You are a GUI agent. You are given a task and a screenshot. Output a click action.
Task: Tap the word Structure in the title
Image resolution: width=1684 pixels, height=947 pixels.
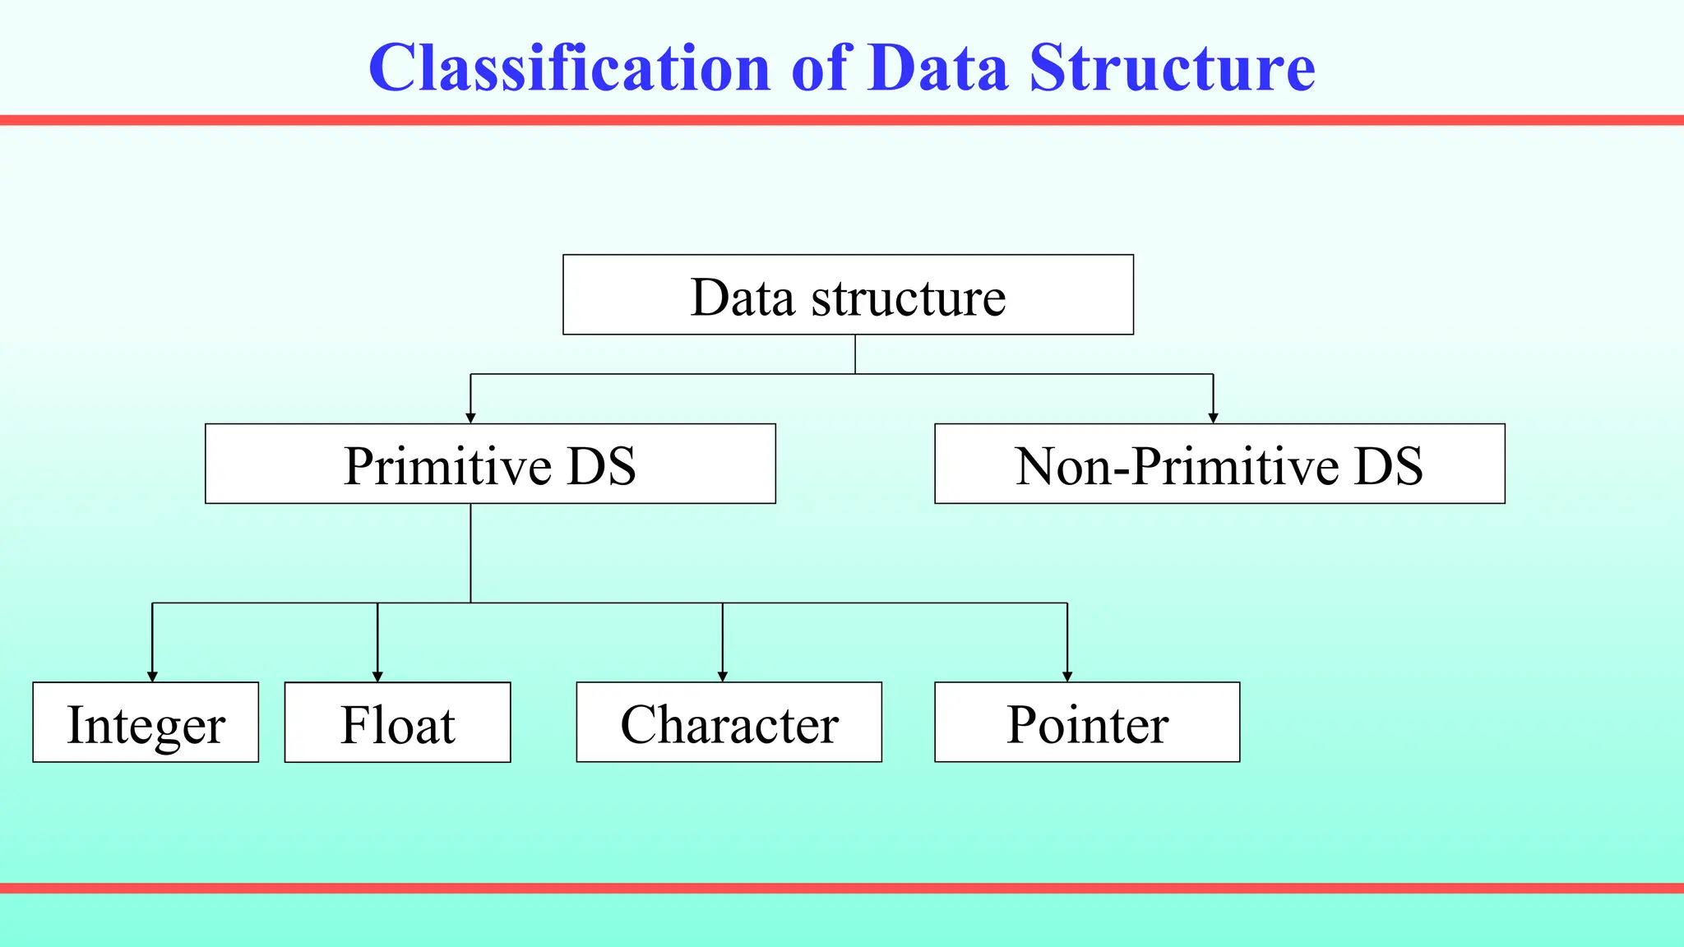1172,67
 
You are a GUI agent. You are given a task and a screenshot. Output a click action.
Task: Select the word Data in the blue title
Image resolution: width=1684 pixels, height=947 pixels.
937,67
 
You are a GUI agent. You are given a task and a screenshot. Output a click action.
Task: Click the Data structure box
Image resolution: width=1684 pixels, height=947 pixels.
848,295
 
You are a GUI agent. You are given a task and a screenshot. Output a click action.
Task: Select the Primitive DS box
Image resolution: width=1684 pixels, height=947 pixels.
490,464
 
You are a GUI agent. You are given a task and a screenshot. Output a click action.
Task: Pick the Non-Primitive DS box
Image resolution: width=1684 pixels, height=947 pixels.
1219,464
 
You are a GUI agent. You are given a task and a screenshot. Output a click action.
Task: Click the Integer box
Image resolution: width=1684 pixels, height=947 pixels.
146,723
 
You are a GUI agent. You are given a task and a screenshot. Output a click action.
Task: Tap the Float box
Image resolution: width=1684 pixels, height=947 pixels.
397,723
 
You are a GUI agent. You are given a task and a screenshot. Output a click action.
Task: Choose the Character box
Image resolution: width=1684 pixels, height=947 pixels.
729,723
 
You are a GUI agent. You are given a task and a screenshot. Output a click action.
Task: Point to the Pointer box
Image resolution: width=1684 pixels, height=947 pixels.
1087,723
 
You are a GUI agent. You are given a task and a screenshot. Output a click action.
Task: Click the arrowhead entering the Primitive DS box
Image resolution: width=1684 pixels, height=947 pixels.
470,418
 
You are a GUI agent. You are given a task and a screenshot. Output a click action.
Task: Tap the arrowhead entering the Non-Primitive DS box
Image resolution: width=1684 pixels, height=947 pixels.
1213,418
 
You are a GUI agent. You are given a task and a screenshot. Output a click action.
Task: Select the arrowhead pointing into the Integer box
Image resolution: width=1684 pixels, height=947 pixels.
152,677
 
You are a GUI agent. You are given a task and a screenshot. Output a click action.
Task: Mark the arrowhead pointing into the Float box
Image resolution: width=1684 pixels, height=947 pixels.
377,677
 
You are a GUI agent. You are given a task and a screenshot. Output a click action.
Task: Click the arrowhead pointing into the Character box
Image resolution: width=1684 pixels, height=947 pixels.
723,677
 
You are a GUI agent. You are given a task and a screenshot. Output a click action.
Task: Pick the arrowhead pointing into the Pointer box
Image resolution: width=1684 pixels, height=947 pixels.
1067,677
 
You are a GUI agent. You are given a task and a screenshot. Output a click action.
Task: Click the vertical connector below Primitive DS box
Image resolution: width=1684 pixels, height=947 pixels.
470,552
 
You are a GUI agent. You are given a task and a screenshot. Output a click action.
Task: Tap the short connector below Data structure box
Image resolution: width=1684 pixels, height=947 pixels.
855,354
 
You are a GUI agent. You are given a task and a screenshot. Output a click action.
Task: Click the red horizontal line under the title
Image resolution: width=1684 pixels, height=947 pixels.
842,120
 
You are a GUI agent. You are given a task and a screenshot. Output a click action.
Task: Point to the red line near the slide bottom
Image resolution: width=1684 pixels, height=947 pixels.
842,888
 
